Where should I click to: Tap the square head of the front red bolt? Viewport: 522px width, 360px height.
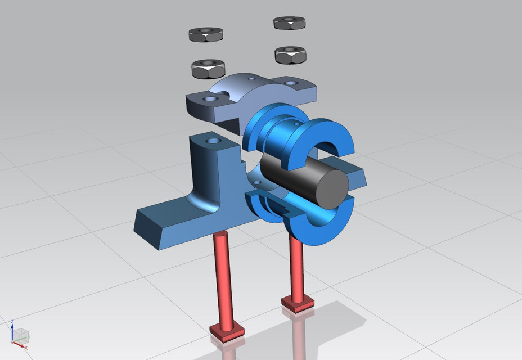click(x=227, y=331)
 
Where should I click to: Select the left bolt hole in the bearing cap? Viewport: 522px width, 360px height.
click(x=211, y=98)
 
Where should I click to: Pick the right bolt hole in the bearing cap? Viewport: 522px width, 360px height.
click(x=291, y=83)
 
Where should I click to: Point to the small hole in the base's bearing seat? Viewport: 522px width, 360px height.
click(x=257, y=183)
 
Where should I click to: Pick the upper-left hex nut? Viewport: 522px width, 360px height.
click(x=206, y=35)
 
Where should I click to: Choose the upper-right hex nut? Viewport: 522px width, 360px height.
click(x=290, y=22)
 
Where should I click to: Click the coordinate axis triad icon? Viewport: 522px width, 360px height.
click(x=19, y=335)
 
